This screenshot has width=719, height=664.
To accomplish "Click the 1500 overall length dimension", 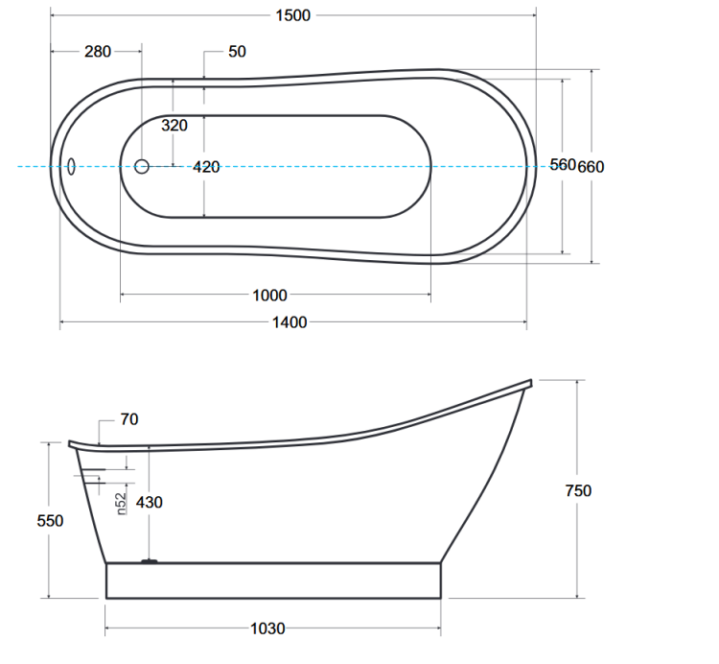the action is coord(293,15).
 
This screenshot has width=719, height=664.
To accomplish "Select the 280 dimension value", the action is coord(98,52).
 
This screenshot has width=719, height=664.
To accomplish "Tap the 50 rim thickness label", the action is coord(237,52).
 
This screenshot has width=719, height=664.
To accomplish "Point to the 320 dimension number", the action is coord(174,126).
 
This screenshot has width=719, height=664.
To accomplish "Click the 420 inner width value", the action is coord(206,167).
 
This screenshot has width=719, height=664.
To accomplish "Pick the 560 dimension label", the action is coord(563,164).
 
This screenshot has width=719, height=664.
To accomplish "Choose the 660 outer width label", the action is coord(591,167).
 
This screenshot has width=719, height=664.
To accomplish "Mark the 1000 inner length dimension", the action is coord(269,296).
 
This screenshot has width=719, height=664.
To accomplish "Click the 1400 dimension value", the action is coord(290,322).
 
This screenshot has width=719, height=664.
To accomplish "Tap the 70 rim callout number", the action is coord(129,419).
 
